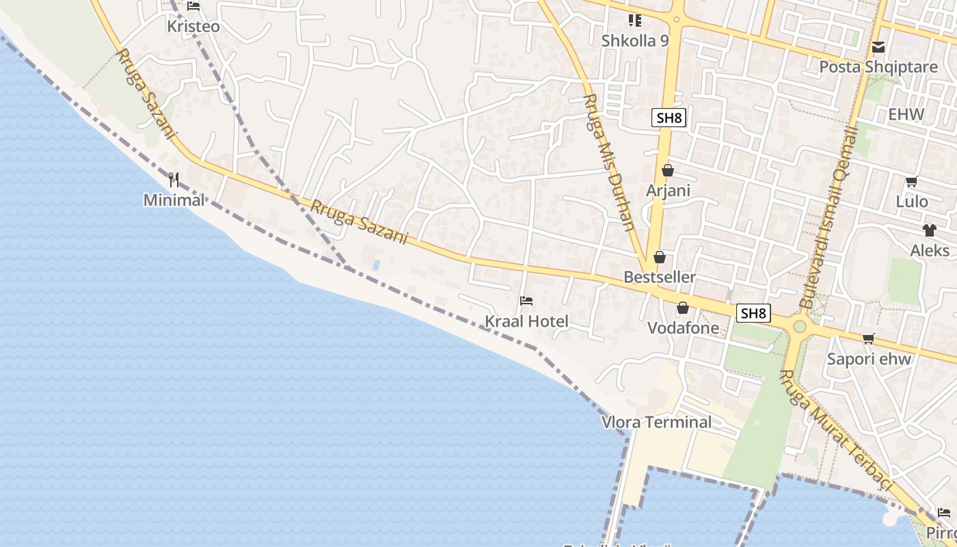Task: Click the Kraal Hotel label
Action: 526,321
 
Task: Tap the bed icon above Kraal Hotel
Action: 526,301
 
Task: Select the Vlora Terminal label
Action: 656,422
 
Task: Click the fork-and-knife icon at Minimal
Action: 174,180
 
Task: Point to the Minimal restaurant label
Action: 174,200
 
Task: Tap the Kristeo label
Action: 193,26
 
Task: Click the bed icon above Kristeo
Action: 193,7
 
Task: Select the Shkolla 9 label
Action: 635,40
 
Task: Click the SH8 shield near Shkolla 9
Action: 669,118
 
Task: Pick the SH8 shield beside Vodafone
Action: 753,314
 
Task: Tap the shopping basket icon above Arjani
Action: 668,170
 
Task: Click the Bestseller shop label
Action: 660,277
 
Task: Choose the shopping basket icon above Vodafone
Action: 683,308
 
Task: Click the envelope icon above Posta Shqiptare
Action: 878,47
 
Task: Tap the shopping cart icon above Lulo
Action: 911,182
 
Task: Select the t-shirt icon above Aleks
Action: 929,230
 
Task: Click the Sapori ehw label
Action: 869,359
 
